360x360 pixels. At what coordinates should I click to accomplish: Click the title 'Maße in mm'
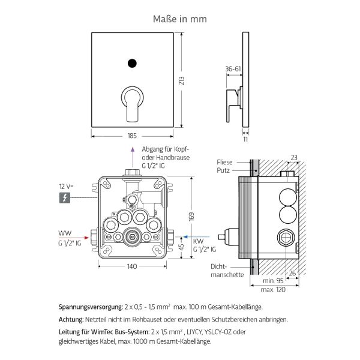pos(180,19)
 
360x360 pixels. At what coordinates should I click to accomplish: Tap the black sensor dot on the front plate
pos(133,62)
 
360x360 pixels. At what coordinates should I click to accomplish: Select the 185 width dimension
pos(133,136)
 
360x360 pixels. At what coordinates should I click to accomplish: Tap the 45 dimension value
pos(182,247)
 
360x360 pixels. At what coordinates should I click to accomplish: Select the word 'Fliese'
pos(224,162)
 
